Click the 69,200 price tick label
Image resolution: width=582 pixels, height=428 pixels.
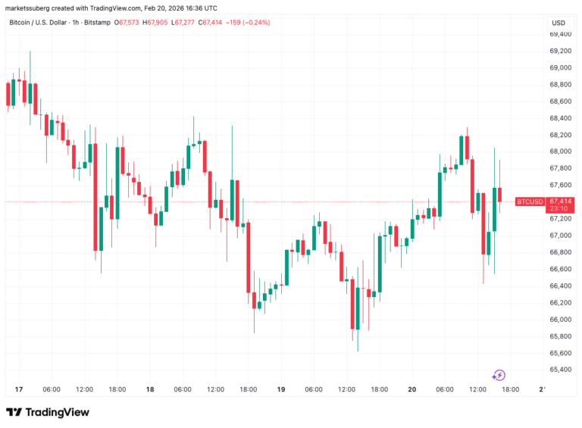click(561, 51)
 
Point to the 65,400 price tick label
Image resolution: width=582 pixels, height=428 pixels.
click(561, 370)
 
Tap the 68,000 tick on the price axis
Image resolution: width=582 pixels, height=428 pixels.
click(561, 152)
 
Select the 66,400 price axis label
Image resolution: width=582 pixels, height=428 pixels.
click(561, 286)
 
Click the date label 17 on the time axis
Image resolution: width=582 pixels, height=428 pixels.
click(19, 389)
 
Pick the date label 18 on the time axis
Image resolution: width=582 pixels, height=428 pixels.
click(150, 389)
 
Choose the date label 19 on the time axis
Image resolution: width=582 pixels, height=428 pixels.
click(281, 389)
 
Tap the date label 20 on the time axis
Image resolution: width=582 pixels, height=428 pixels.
click(412, 389)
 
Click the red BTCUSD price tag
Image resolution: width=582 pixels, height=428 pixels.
click(528, 202)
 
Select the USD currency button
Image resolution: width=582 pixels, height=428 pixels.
click(559, 23)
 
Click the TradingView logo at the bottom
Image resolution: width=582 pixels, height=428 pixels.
click(48, 412)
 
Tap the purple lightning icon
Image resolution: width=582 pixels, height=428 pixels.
click(499, 375)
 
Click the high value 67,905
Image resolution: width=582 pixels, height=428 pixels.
click(161, 23)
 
